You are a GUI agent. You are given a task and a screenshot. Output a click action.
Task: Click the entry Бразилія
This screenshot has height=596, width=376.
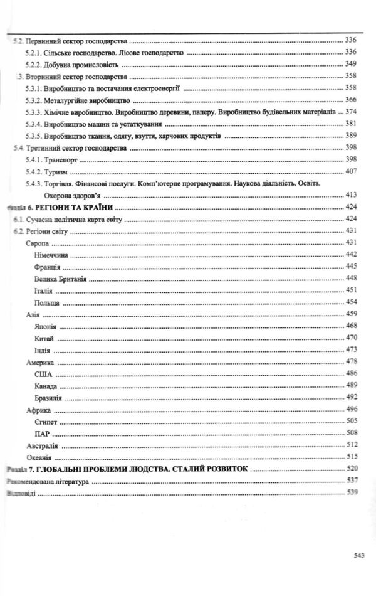[52, 396]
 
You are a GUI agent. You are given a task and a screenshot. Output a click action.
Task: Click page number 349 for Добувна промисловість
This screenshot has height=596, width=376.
[351, 64]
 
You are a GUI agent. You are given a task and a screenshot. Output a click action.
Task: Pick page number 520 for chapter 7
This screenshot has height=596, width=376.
[351, 468]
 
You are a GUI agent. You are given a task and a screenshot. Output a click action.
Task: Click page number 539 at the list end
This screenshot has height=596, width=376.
[351, 492]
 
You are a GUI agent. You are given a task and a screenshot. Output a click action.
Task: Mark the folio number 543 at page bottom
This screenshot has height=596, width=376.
[359, 555]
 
